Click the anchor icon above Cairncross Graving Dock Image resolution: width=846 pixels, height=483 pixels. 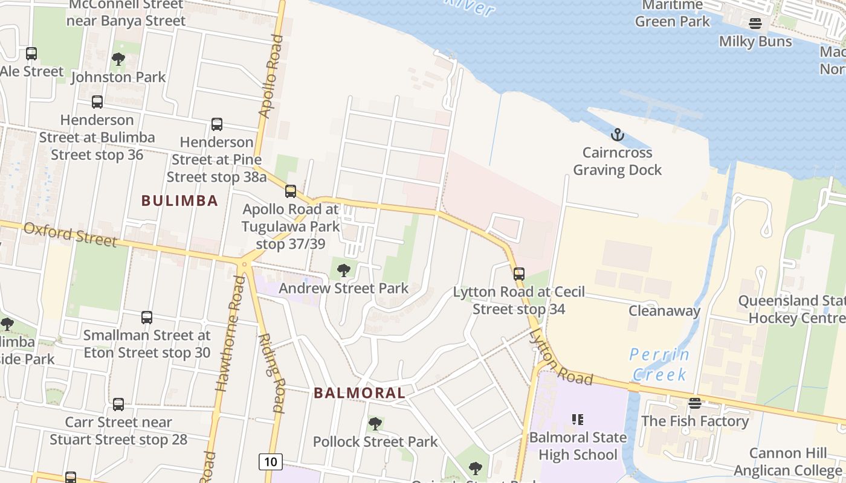(617, 134)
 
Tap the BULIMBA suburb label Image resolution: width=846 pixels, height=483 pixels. (179, 200)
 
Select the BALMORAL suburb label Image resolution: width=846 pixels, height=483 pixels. (360, 393)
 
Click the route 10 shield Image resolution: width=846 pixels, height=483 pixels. (270, 462)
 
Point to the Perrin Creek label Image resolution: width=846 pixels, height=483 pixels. (659, 364)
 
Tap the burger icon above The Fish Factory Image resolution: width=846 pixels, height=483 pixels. (695, 403)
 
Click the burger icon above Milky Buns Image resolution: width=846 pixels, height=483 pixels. (755, 24)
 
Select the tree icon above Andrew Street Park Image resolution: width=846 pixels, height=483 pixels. (343, 270)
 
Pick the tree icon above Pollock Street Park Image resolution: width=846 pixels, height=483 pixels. (375, 423)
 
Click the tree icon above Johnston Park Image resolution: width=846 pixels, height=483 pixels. (118, 59)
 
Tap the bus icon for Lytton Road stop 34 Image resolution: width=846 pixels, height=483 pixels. (518, 273)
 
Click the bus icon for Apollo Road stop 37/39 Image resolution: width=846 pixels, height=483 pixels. (291, 191)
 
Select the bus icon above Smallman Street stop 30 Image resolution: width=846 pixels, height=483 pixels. (147, 317)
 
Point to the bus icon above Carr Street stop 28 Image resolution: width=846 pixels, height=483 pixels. (118, 404)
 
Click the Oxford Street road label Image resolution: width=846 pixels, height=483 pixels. (70, 234)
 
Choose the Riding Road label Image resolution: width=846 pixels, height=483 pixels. (271, 373)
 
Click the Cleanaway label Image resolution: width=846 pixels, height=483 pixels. (664, 311)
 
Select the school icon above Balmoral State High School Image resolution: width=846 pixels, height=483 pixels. (577, 418)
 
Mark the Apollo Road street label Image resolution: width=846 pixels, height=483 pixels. (270, 76)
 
